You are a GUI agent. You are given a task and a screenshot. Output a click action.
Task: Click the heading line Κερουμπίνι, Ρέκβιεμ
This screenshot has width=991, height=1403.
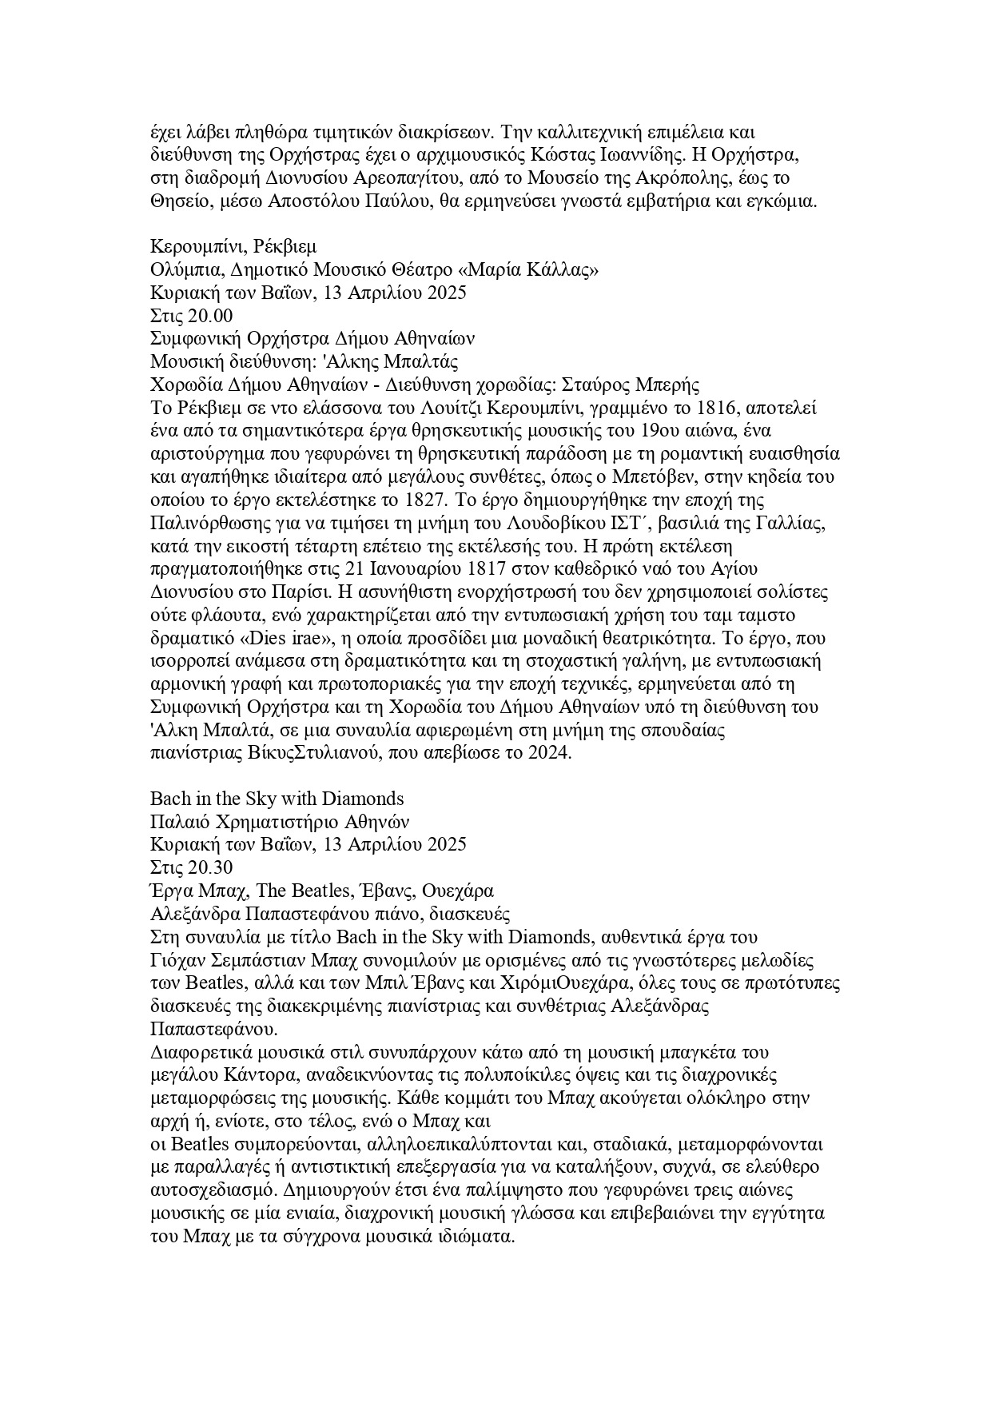coord(233,247)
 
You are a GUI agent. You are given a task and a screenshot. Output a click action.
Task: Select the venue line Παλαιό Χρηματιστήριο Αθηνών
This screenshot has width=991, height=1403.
coord(280,822)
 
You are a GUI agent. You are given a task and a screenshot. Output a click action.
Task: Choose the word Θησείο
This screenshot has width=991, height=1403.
coord(177,201)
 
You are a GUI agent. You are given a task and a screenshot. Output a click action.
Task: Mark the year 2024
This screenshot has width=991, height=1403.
coord(548,754)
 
